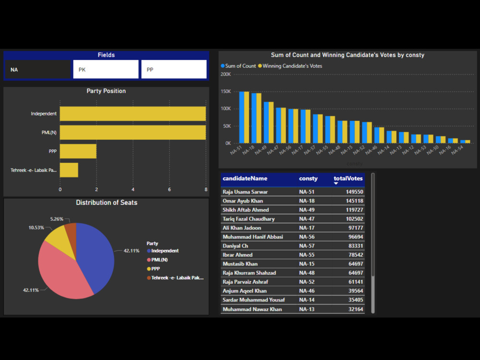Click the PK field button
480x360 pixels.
coord(106,70)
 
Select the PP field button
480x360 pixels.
coord(174,70)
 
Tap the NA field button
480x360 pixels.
coord(37,70)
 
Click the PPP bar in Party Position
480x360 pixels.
coord(78,151)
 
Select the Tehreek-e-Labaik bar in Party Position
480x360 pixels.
coord(69,170)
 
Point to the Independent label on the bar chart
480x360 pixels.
coord(44,114)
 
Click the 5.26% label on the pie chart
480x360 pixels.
coord(57,219)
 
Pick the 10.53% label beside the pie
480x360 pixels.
coord(36,228)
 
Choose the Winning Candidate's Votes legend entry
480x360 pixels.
coord(292,66)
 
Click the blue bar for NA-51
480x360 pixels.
coord(242,117)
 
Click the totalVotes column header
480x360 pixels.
coord(348,179)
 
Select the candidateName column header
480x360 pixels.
coord(245,179)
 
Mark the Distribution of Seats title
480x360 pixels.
coord(107,203)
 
